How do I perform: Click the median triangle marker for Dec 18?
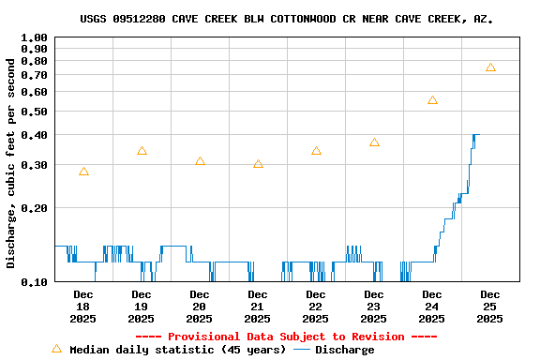(x=83, y=172)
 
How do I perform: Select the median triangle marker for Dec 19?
(x=142, y=151)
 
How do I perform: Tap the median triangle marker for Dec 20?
(x=200, y=161)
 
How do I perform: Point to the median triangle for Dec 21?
(x=258, y=164)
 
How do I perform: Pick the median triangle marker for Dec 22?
(x=316, y=151)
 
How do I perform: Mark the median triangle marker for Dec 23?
(x=374, y=142)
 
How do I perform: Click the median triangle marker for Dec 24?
(x=432, y=100)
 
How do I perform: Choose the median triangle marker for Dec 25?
(x=490, y=67)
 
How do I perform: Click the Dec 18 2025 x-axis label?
(x=83, y=307)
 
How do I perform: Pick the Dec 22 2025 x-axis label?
(x=316, y=307)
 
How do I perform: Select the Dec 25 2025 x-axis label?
(x=490, y=307)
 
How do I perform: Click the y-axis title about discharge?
(x=11, y=162)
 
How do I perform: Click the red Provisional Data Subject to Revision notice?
(x=286, y=337)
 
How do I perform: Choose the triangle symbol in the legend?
(x=56, y=349)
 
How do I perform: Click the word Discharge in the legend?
(x=344, y=350)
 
